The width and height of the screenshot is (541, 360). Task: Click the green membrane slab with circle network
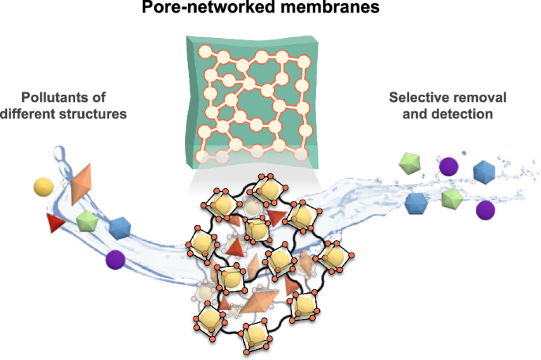254,103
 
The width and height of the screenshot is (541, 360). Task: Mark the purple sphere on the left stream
115,258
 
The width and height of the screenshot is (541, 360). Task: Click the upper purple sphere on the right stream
449,166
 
